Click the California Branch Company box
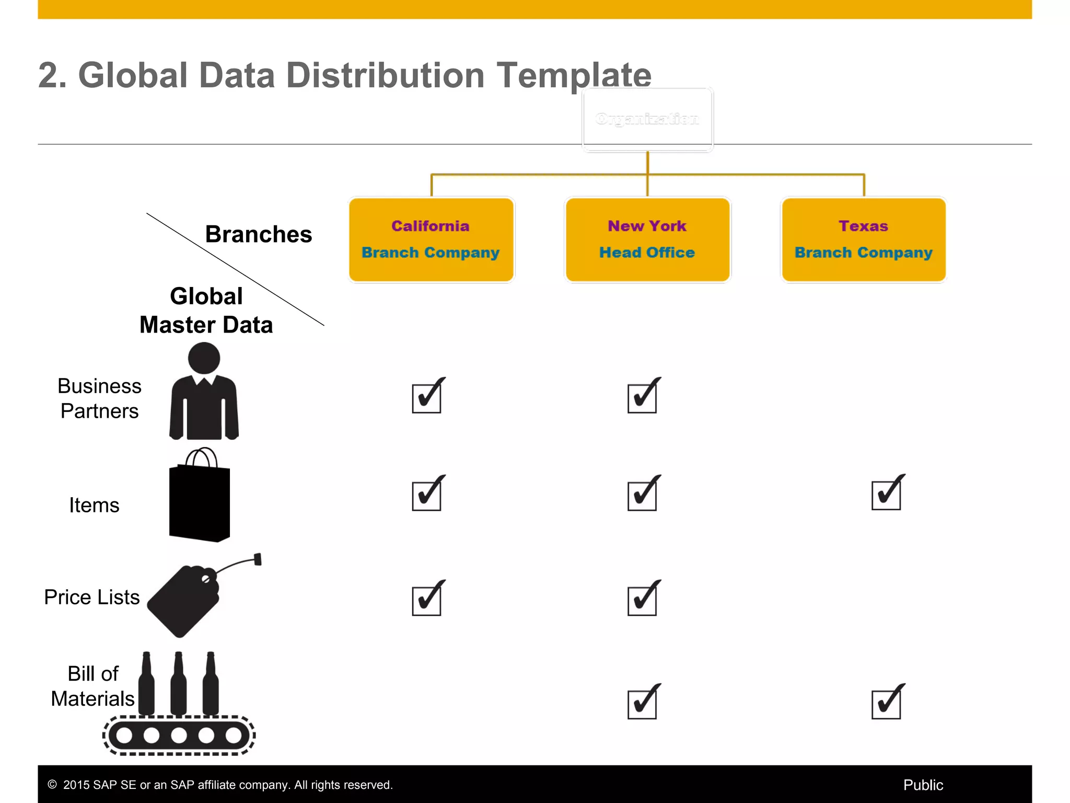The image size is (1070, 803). pos(431,239)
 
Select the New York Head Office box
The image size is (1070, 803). pos(647,239)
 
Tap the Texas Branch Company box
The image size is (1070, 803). pos(864,239)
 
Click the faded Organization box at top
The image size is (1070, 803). pos(647,120)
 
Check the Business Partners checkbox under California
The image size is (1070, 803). pos(427,398)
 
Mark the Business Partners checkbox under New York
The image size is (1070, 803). pos(642,398)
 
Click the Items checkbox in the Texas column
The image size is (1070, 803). pos(886,495)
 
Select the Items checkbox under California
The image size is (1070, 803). pos(427,496)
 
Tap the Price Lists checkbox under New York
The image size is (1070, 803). pos(642,600)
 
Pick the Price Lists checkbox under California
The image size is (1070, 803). pos(427,600)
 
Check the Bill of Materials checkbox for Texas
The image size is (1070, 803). pos(886,704)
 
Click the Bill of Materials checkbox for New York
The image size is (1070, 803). pos(642,704)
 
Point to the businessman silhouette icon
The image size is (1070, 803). pos(204,392)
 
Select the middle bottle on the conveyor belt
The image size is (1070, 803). pos(179,685)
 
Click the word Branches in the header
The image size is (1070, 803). pos(259,234)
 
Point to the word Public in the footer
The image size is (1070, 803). pos(923,785)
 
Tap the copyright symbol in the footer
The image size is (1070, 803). pos(52,784)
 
